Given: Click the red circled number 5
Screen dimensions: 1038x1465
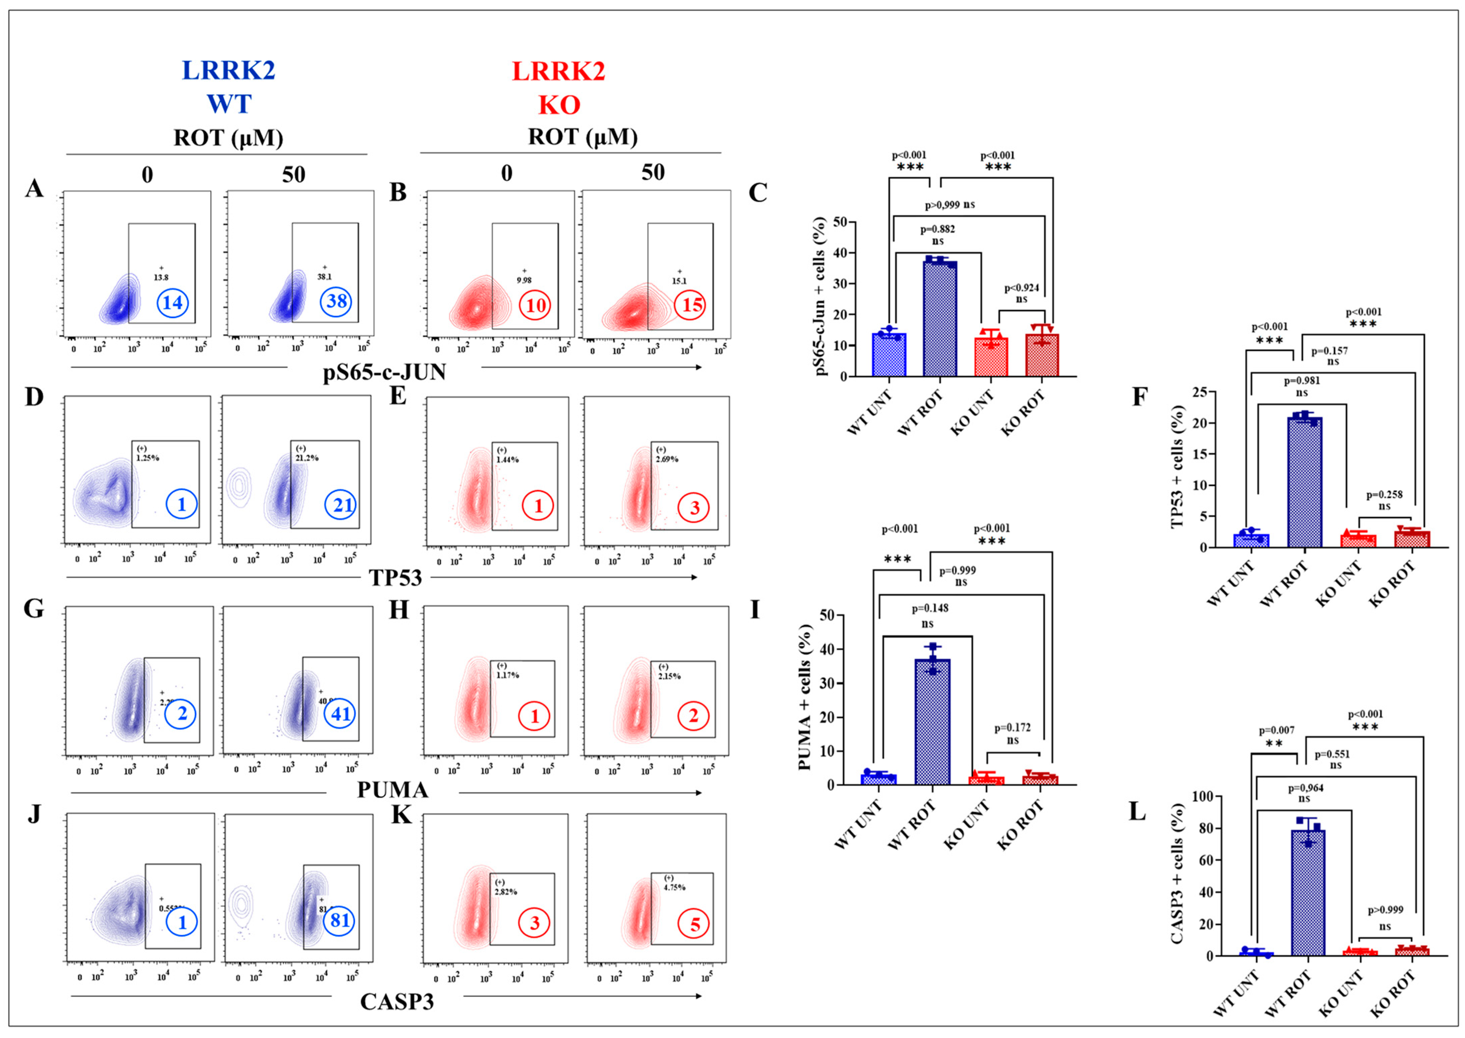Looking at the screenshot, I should click(x=695, y=924).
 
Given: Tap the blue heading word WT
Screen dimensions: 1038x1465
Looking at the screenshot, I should click(x=229, y=104).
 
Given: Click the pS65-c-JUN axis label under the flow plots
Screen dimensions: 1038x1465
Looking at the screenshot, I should click(x=384, y=371).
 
